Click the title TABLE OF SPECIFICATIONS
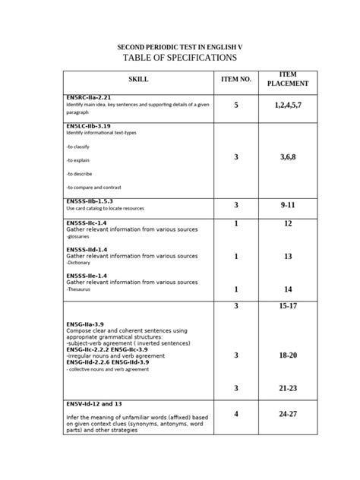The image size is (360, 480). coord(179,58)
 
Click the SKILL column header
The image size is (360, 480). coord(138,80)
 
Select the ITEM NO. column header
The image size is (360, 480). coord(235,80)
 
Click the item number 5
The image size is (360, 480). coord(236,106)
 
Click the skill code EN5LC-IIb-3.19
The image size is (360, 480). coord(90,126)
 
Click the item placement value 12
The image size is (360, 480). coord(288,224)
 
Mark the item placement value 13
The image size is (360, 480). coord(288,257)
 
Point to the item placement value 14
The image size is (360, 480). coord(288,289)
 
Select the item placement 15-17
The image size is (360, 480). coord(288,305)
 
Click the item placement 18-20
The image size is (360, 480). coord(288,355)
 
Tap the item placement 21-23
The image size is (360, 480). coord(288,388)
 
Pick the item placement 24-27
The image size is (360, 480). coord(288,414)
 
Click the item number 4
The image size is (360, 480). coord(236,414)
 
